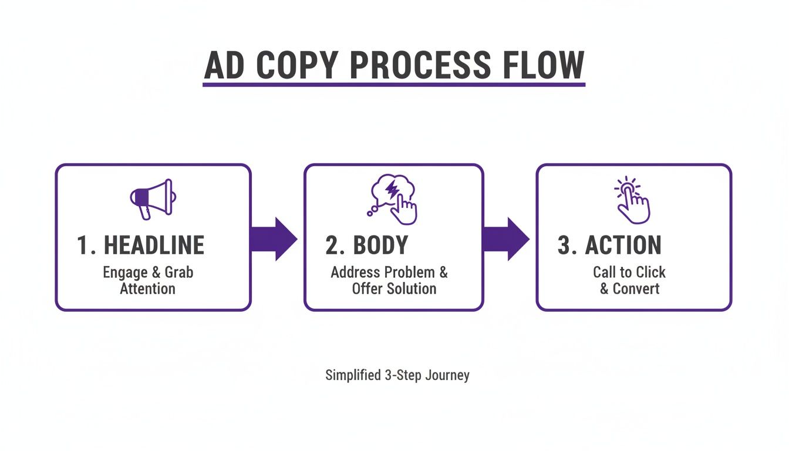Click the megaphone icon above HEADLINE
point(152,198)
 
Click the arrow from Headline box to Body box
point(274,238)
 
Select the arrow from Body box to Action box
point(505,238)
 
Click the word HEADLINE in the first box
point(154,245)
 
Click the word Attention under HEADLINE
point(147,289)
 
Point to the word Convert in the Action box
point(636,289)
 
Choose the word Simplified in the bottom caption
point(353,375)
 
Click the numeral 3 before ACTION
point(564,245)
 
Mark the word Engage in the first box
point(124,272)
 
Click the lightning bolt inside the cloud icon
point(391,190)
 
